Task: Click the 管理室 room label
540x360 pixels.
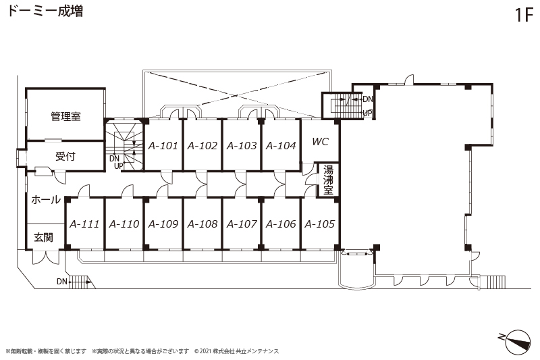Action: [65, 116]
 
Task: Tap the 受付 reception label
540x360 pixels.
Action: [65, 157]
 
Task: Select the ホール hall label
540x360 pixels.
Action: [46, 199]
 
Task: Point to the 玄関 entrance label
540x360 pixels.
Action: [43, 237]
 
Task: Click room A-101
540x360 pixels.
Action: [163, 146]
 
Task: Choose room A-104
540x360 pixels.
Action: [281, 146]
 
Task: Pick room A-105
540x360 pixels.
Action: [320, 224]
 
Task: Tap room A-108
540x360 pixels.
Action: [202, 224]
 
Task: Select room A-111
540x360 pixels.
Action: [85, 224]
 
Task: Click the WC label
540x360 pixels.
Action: [320, 142]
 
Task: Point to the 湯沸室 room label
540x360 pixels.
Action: [328, 180]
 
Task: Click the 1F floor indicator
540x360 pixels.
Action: [524, 15]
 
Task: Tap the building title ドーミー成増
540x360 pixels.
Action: [45, 11]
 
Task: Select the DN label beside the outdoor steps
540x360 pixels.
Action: [62, 282]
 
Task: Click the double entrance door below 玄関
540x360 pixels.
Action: [45, 257]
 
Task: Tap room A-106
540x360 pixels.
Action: [281, 224]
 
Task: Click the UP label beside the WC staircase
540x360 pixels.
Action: [367, 113]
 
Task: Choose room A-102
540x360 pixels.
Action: [202, 146]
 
